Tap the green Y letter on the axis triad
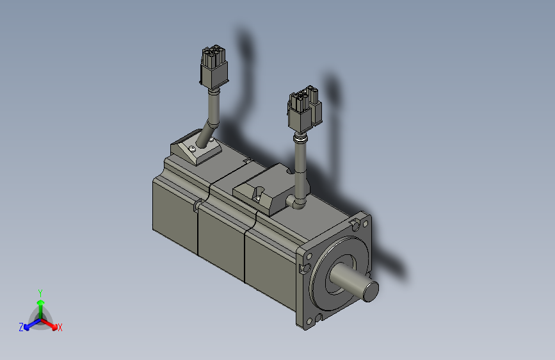[x=40, y=291]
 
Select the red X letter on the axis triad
[x=60, y=327]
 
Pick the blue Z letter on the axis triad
[x=21, y=327]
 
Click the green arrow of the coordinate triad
[x=40, y=304]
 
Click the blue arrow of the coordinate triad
[x=29, y=323]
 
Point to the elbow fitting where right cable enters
[x=298, y=203]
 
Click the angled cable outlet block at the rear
[x=195, y=150]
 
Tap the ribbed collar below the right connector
[x=299, y=138]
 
